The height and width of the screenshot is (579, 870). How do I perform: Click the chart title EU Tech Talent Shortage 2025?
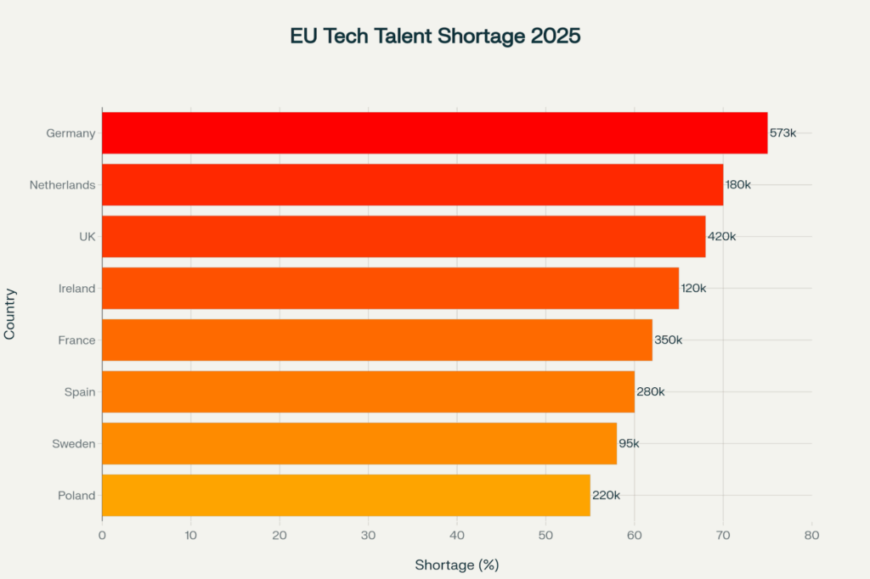[435, 37]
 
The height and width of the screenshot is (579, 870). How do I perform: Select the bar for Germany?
[434, 133]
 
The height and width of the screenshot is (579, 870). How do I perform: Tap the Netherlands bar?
[412, 185]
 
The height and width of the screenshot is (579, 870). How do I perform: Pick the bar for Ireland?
[390, 289]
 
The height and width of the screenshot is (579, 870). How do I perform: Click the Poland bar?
[346, 496]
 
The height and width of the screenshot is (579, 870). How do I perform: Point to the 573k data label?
[782, 133]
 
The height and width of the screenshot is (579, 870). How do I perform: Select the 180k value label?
[738, 185]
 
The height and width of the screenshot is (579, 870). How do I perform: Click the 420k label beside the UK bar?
[721, 237]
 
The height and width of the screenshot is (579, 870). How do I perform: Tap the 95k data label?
[629, 444]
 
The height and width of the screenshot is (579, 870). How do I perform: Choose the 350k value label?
[668, 340]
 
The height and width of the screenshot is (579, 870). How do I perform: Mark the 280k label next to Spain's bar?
[650, 392]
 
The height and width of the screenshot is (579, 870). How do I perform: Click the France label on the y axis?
[76, 340]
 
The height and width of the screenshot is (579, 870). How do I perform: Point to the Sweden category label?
[75, 444]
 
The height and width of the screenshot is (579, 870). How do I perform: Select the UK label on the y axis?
[87, 237]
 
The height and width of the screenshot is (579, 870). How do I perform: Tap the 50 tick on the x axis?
[545, 536]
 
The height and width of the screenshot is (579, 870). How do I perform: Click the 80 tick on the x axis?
[811, 536]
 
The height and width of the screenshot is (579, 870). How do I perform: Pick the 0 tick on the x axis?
[102, 536]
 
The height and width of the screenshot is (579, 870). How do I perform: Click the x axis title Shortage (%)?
[457, 565]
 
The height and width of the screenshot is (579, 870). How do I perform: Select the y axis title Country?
[10, 315]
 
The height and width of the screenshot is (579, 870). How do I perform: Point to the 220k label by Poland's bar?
[606, 496]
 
